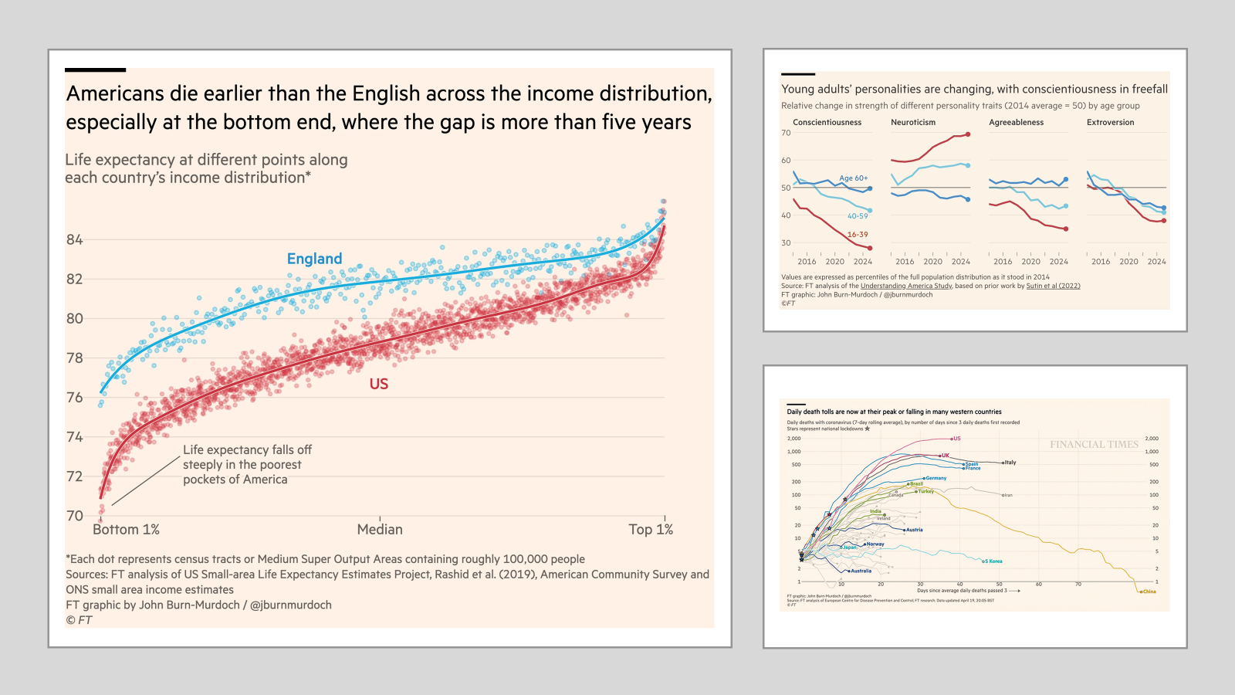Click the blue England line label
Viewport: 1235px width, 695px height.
(314, 259)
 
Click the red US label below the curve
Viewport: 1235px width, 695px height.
(378, 384)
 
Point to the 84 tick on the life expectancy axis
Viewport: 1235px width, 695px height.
(74, 239)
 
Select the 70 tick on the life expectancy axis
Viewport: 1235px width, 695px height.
(74, 515)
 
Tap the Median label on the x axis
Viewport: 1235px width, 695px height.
(380, 529)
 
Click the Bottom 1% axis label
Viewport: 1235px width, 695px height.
(126, 529)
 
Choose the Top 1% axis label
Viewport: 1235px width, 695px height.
(651, 529)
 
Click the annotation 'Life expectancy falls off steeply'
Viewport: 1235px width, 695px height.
(247, 464)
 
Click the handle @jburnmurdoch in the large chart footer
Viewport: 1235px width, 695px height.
(291, 605)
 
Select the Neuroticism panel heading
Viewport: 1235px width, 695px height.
(913, 122)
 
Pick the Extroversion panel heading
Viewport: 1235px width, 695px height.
(1110, 122)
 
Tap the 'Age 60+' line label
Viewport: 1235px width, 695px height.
(854, 178)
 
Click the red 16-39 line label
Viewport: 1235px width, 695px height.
(858, 235)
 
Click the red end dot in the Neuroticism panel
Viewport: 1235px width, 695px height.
(968, 134)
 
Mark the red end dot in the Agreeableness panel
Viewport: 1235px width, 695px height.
(1066, 229)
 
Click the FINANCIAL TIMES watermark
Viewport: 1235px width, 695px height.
(1094, 444)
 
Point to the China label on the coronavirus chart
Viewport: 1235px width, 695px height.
(1149, 592)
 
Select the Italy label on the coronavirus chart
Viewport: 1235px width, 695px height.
(1010, 463)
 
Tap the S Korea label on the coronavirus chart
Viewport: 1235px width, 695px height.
(995, 561)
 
